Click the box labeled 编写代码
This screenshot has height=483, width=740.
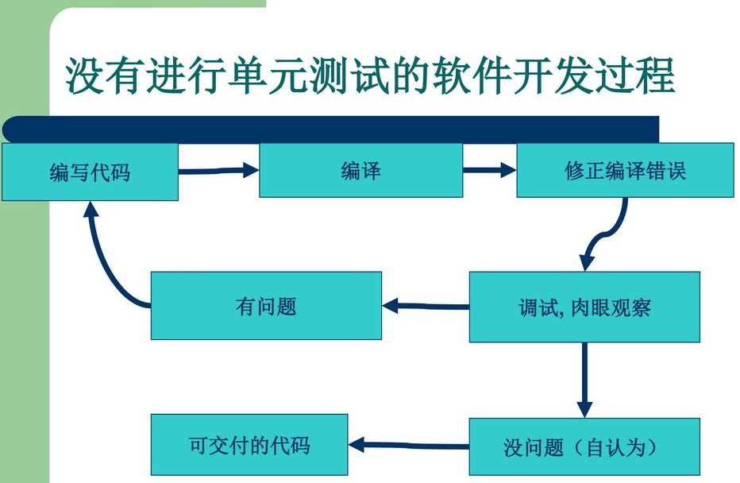click(x=90, y=172)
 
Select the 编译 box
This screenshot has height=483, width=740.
click(x=360, y=171)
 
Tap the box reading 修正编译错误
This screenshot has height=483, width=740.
click(x=624, y=171)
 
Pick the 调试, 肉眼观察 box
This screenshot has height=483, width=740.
click(x=584, y=307)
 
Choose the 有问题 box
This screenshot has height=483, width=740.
click(x=266, y=306)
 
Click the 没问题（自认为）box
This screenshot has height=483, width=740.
click(x=584, y=446)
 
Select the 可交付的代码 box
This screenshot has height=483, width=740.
click(x=249, y=445)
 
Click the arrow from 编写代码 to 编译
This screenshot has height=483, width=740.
click(x=218, y=169)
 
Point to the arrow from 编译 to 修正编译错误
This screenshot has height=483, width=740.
click(x=489, y=169)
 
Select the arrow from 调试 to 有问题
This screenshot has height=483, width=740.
click(x=426, y=305)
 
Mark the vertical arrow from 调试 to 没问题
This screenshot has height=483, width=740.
click(x=584, y=379)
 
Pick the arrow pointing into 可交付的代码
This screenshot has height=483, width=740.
click(x=409, y=445)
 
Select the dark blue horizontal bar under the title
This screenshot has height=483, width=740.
click(x=333, y=127)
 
